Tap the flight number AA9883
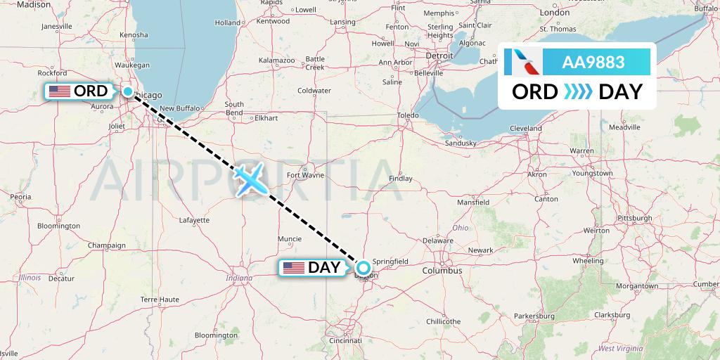tap(593, 62)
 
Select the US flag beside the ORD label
tap(60, 91)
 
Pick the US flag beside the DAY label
tap(293, 268)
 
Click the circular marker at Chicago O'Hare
tap(128, 91)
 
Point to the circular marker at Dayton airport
tap(364, 267)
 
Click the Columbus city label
tap(442, 270)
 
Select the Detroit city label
tap(440, 55)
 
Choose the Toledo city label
tap(408, 115)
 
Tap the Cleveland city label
tap(526, 129)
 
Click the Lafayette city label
tap(195, 220)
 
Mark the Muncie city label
tap(290, 238)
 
